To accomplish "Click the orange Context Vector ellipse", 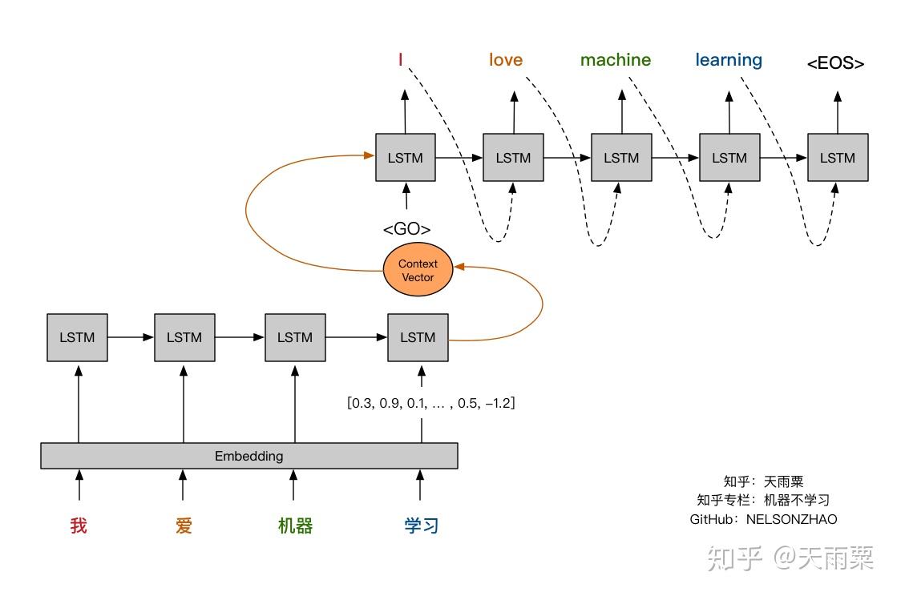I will [418, 271].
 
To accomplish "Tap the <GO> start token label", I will [406, 230].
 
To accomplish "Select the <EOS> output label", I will [835, 63].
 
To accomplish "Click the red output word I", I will [400, 60].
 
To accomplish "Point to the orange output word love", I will [505, 60].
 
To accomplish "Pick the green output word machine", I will [616, 60].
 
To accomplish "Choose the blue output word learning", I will [728, 60].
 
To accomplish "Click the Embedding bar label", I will [248, 456].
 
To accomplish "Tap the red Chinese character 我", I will [78, 526].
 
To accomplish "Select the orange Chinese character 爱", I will [184, 526].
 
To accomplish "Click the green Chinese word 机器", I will [294, 526].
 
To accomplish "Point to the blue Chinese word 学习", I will [421, 526].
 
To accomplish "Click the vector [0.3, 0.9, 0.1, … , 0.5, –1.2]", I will [430, 403].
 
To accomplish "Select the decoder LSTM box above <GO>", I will [405, 158].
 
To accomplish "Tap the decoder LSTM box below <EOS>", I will [837, 158].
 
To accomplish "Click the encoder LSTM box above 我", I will [77, 337].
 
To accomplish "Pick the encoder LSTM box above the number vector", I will [417, 337].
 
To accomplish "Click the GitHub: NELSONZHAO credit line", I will [762, 519].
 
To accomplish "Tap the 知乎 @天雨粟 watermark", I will [790, 558].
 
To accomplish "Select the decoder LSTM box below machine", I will [621, 158].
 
